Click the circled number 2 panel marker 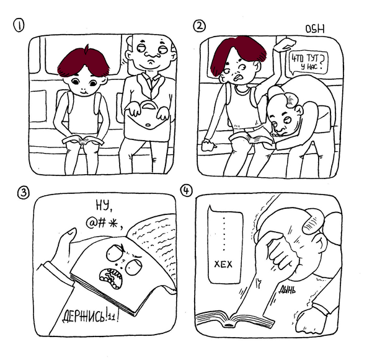(200, 25)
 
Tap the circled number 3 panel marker (22, 192)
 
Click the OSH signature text (316, 29)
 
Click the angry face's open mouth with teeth (112, 282)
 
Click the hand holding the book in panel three (65, 245)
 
